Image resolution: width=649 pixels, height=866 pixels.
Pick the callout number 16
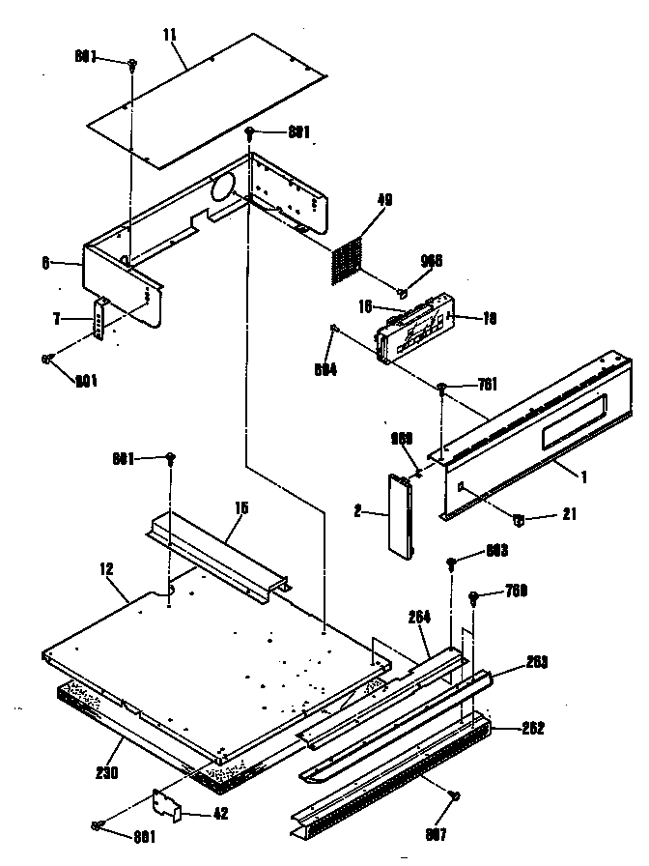point(366,306)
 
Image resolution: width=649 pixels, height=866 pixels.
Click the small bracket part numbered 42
point(169,804)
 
